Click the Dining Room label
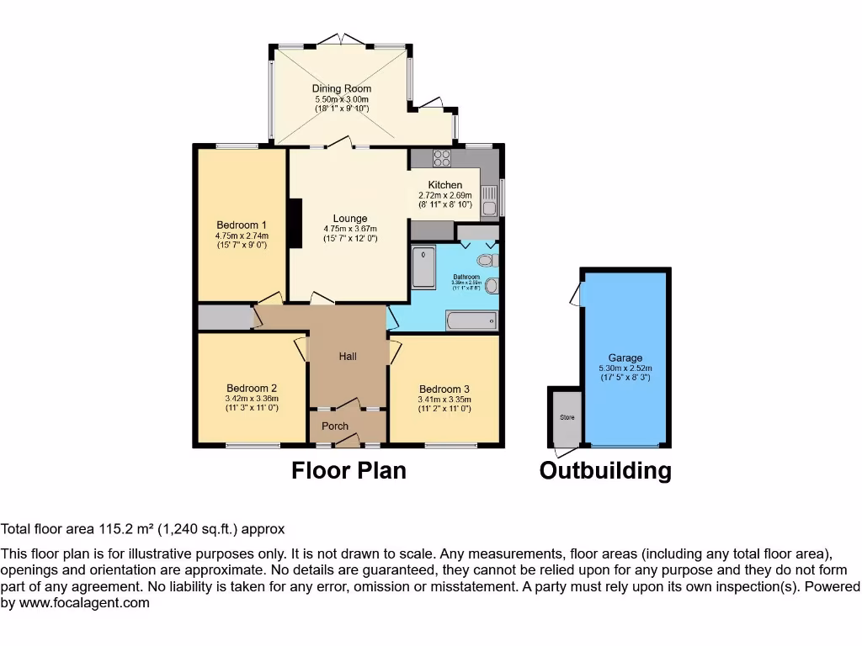[x=341, y=88]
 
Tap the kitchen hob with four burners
[x=441, y=157]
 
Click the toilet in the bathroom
[x=486, y=260]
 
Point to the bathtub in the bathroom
[x=471, y=320]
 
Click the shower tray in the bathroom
[x=423, y=266]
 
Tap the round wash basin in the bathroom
[x=491, y=286]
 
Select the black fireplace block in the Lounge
[x=295, y=223]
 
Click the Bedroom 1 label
[x=242, y=225]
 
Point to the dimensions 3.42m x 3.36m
[x=251, y=399]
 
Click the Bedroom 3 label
[x=444, y=389]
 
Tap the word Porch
[x=335, y=426]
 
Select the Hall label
[x=348, y=357]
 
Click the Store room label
[x=564, y=417]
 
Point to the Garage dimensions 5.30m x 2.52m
[x=625, y=368]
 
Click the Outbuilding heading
[x=605, y=470]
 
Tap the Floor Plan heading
[x=349, y=470]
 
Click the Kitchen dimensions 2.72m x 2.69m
[x=445, y=194]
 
